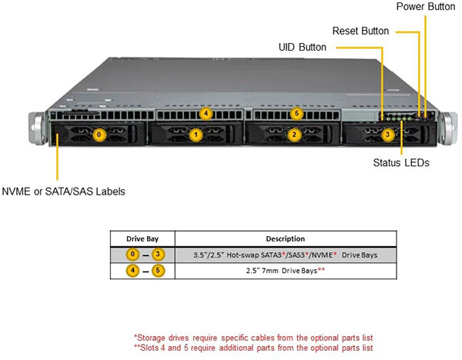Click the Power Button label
pos(425,7)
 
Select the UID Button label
pos(302,48)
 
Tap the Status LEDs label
pos(400,163)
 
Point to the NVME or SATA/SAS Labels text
pos(63,191)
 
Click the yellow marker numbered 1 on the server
pos(196,135)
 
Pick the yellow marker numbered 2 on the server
pos(293,135)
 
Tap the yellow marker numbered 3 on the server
pos(388,135)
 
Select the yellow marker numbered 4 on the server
pos(205,114)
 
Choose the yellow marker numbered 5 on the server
pos(297,114)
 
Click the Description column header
pos(284,238)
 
